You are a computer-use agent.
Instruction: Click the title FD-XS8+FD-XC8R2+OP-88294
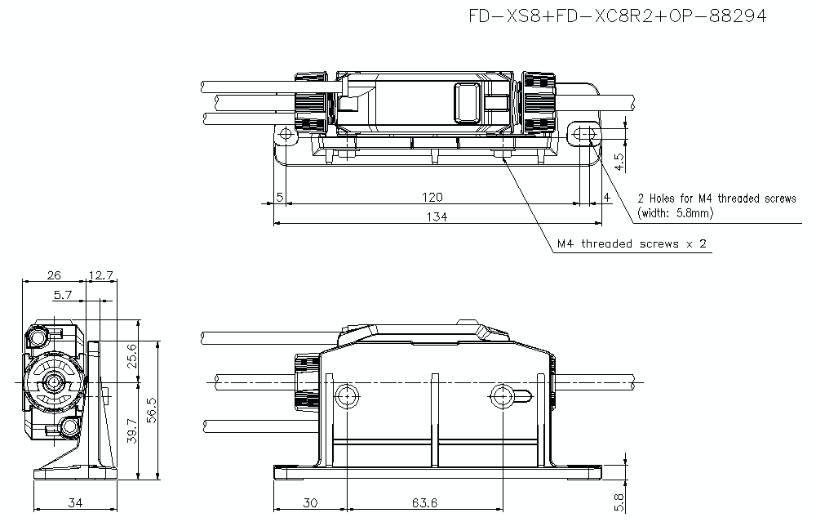point(618,17)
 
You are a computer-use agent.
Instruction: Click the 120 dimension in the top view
point(432,197)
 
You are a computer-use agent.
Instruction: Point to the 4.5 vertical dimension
point(619,161)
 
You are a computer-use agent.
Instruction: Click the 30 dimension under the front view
point(310,503)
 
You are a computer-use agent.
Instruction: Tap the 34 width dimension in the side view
point(75,503)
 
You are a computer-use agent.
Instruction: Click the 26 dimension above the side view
point(54,275)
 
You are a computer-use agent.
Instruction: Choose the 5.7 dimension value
point(63,295)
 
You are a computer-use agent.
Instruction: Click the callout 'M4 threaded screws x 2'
point(632,244)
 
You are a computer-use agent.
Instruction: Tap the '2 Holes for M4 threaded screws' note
point(716,199)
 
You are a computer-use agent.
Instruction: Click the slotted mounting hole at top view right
point(583,134)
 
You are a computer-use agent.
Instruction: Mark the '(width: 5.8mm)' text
point(676,213)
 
